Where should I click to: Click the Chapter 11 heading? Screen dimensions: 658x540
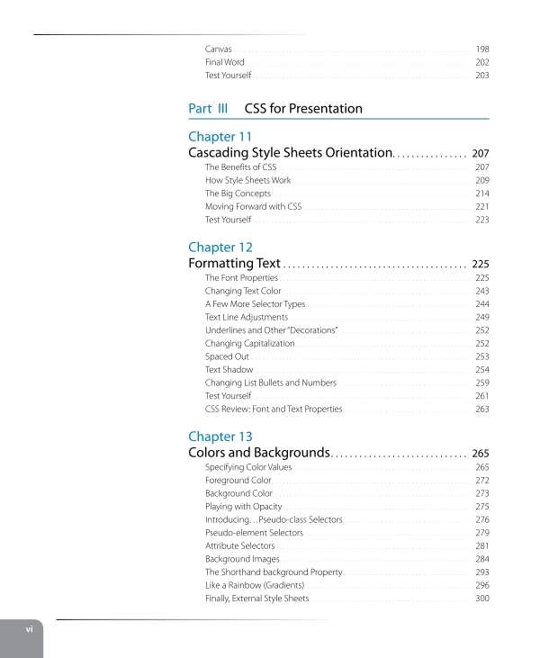tap(220, 137)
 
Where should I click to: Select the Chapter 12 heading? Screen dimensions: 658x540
tap(220, 248)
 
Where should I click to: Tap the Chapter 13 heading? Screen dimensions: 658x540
tap(220, 437)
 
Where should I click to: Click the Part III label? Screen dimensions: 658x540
tap(208, 109)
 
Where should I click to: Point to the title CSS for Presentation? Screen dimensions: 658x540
tap(303, 109)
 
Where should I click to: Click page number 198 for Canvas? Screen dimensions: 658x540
tap(481, 48)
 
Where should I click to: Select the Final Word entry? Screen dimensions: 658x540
tap(224, 62)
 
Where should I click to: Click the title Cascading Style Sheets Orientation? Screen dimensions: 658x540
tap(290, 153)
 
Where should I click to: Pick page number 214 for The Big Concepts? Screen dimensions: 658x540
tap(481, 194)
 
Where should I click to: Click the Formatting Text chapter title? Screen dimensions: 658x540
tap(234, 264)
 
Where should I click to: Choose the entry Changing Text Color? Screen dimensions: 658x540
tap(243, 292)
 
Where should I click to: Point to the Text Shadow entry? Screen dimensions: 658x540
tap(229, 370)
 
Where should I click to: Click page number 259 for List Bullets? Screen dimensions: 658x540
tap(481, 383)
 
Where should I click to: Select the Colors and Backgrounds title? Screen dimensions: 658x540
tap(259, 453)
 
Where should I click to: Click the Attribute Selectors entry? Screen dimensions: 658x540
tap(239, 546)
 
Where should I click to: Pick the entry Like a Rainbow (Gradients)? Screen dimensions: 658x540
tap(256, 585)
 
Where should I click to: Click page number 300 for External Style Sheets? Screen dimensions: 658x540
tap(481, 599)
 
